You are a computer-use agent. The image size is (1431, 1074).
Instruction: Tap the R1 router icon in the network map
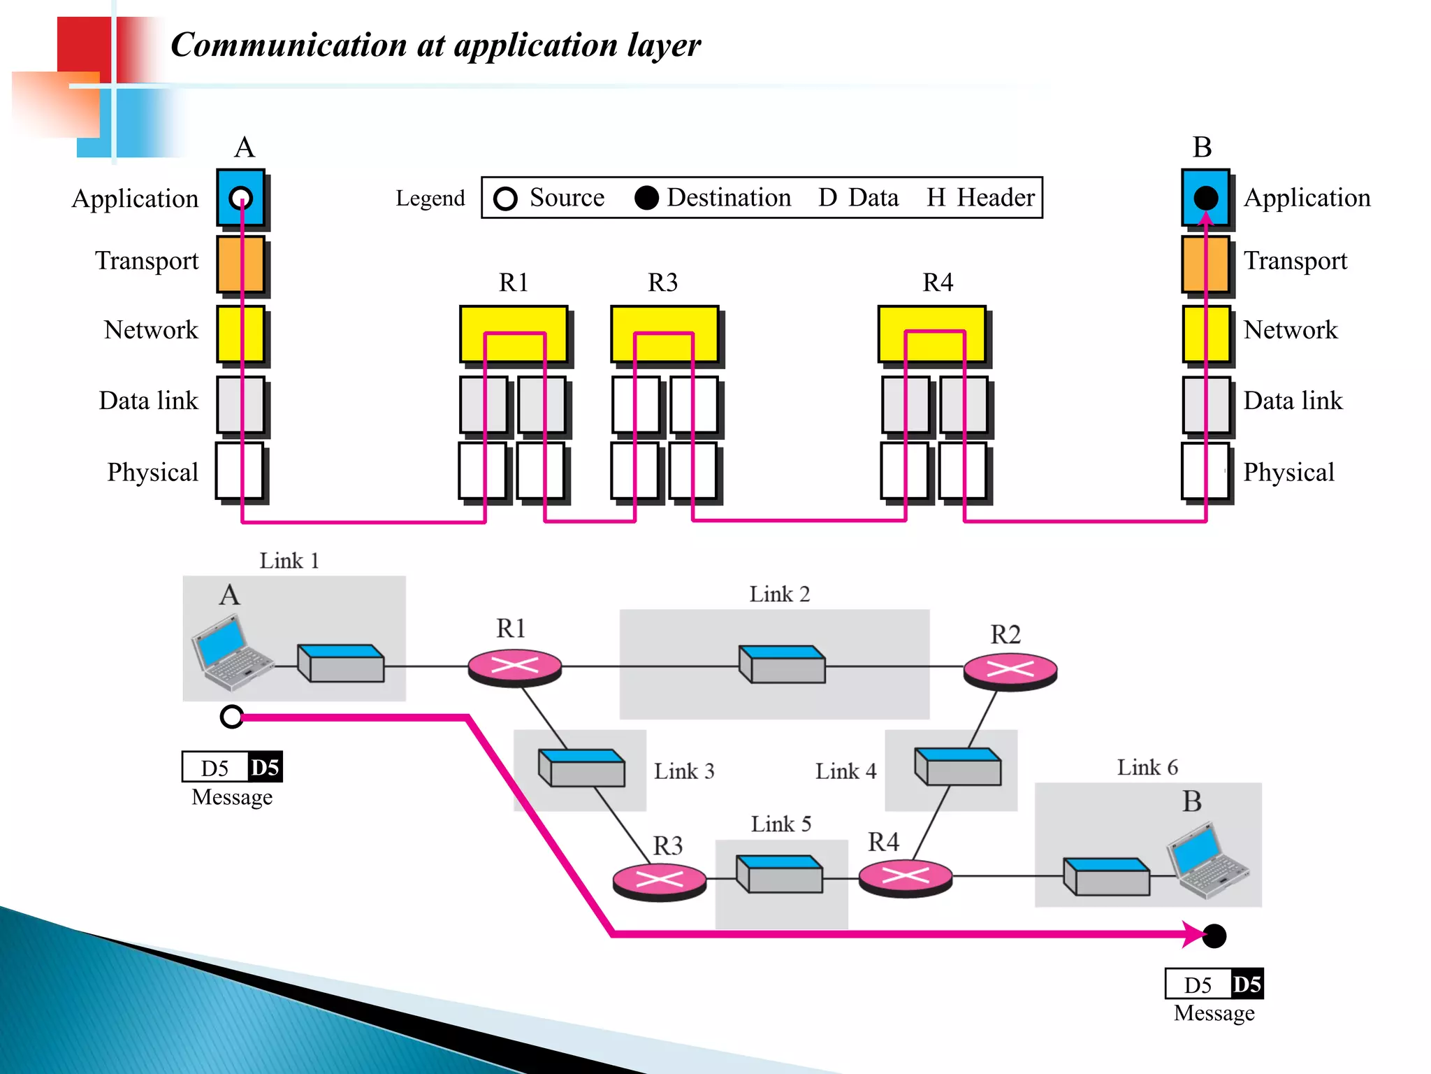pyautogui.click(x=514, y=666)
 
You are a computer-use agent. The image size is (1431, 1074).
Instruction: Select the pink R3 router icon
pyautogui.click(x=659, y=881)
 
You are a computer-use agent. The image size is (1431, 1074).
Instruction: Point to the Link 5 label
pyautogui.click(x=780, y=824)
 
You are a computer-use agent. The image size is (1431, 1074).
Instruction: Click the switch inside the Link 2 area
pyautogui.click(x=782, y=664)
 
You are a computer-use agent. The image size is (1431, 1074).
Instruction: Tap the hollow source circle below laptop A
pyautogui.click(x=231, y=717)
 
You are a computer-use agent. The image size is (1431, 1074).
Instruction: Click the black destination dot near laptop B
pyautogui.click(x=1214, y=936)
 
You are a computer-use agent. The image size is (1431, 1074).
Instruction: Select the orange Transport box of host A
pyautogui.click(x=240, y=264)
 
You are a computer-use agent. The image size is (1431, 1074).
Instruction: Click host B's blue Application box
pyautogui.click(x=1205, y=198)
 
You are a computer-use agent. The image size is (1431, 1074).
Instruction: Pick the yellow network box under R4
pyautogui.click(x=931, y=334)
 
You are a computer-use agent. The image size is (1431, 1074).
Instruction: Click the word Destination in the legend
pyautogui.click(x=728, y=198)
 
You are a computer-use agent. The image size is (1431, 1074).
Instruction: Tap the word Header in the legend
pyautogui.click(x=995, y=198)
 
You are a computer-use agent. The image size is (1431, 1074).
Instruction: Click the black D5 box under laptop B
pyautogui.click(x=1247, y=984)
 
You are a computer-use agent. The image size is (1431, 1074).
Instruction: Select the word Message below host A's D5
pyautogui.click(x=232, y=797)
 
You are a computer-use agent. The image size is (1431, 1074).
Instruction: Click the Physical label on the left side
pyautogui.click(x=152, y=472)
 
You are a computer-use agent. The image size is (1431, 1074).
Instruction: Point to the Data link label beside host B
pyautogui.click(x=1293, y=401)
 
